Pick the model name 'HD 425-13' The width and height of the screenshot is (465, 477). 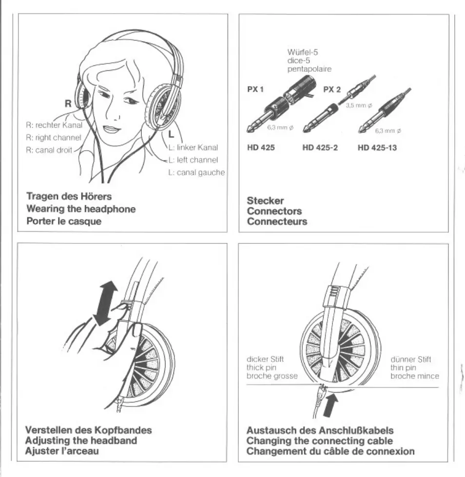(x=377, y=148)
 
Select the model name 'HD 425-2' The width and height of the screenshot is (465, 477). (x=320, y=148)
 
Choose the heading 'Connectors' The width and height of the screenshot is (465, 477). (x=274, y=211)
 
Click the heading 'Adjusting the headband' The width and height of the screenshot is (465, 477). (x=81, y=440)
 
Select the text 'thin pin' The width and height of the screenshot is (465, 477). (x=403, y=368)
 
